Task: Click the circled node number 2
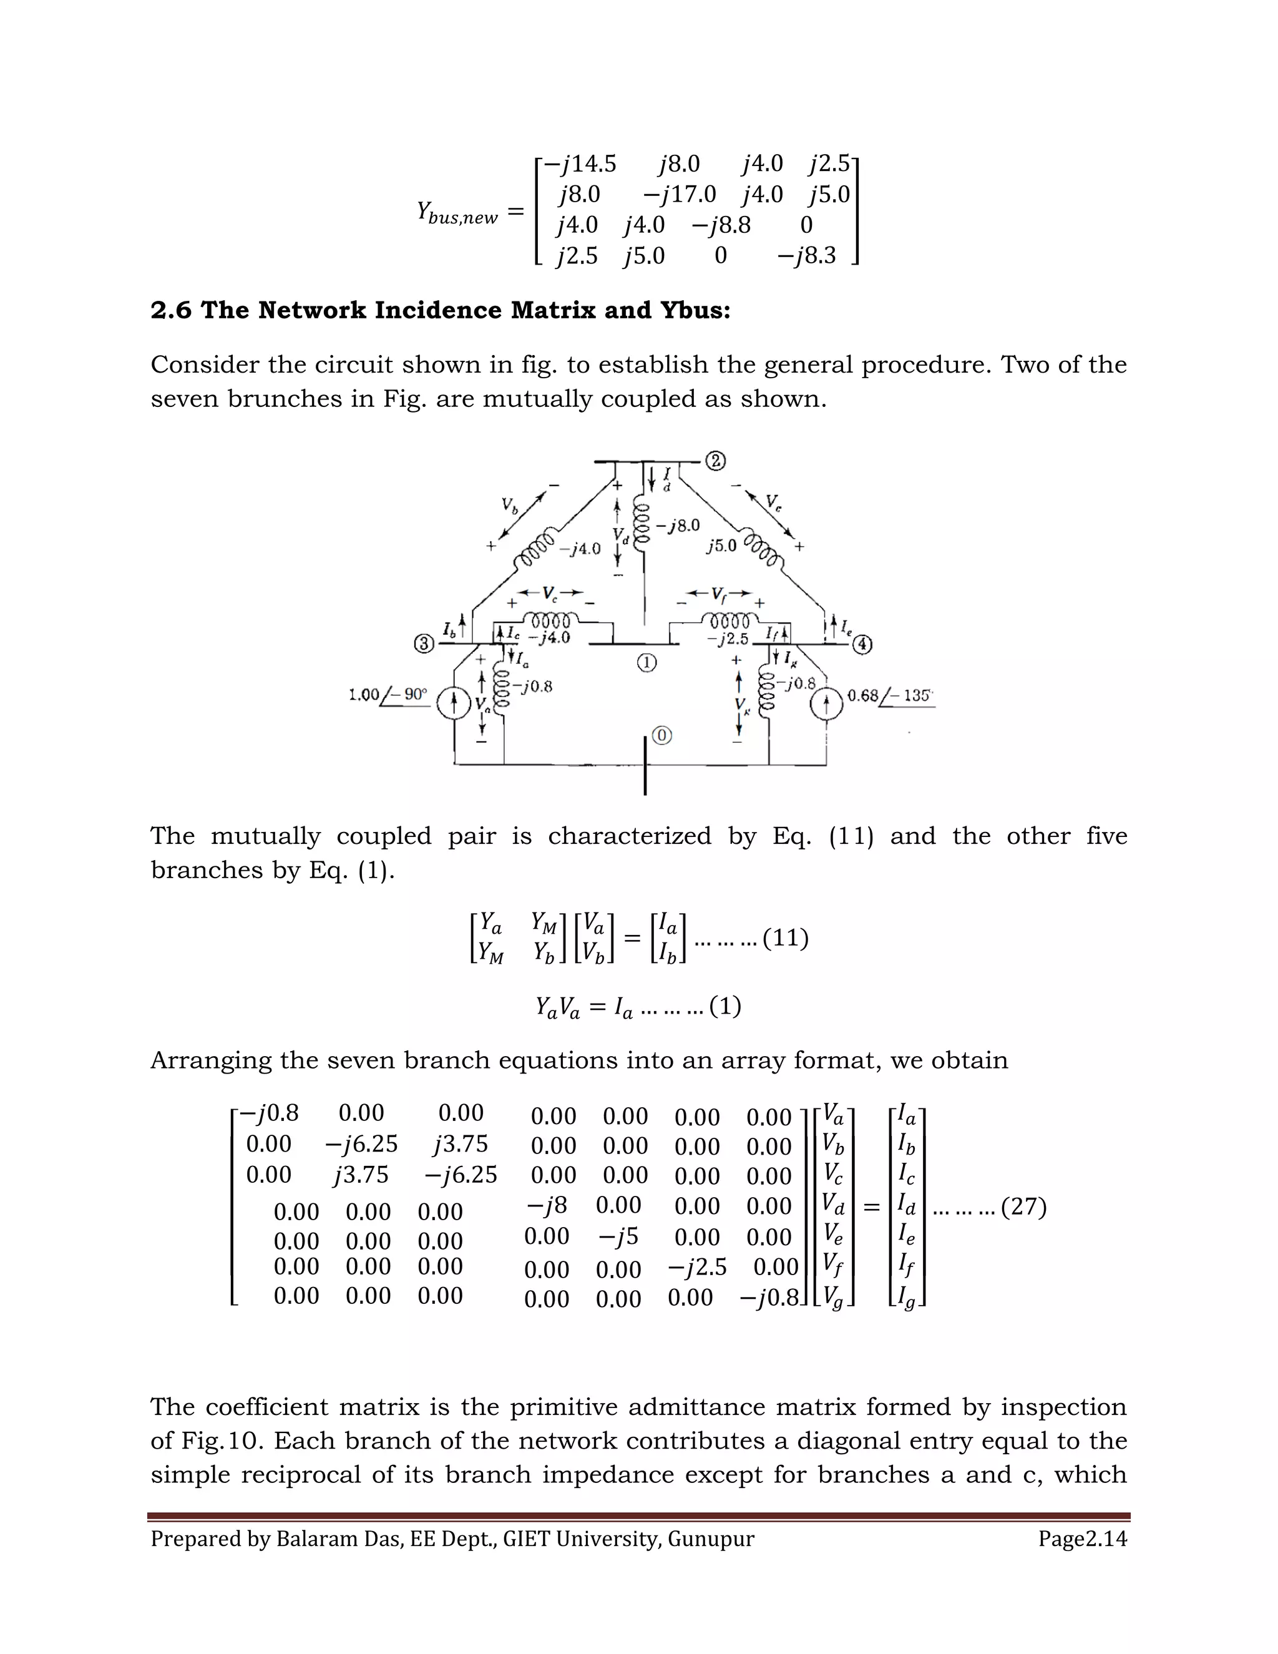716,461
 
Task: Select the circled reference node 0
661,735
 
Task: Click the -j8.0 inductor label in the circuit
678,525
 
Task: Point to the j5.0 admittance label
721,546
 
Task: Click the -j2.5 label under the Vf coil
727,639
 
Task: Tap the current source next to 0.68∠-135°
827,704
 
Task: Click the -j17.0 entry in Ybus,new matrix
679,195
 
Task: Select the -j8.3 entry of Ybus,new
806,256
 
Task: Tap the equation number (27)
1023,1206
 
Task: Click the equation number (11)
785,938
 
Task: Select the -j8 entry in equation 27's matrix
547,1205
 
